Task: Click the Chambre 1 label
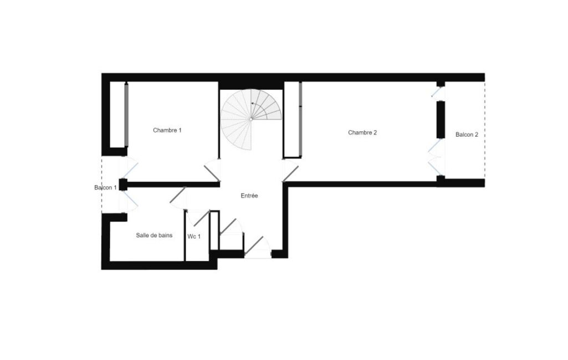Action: (x=167, y=130)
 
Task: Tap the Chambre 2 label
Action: (x=362, y=132)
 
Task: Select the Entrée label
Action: (x=249, y=196)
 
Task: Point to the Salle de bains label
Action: (x=154, y=235)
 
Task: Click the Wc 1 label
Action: (x=194, y=236)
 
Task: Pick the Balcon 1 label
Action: (x=105, y=188)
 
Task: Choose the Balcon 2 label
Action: (x=467, y=135)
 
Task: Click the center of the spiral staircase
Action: (x=251, y=119)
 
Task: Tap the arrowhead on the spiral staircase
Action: (x=253, y=103)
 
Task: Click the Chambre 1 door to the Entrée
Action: (x=212, y=173)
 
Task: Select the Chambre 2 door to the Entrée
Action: (x=290, y=173)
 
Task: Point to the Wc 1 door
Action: (x=201, y=218)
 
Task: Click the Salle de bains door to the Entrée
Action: (x=178, y=195)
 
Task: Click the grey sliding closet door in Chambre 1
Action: (x=126, y=115)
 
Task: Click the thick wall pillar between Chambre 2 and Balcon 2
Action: (x=441, y=120)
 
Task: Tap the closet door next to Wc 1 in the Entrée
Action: (x=228, y=227)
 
